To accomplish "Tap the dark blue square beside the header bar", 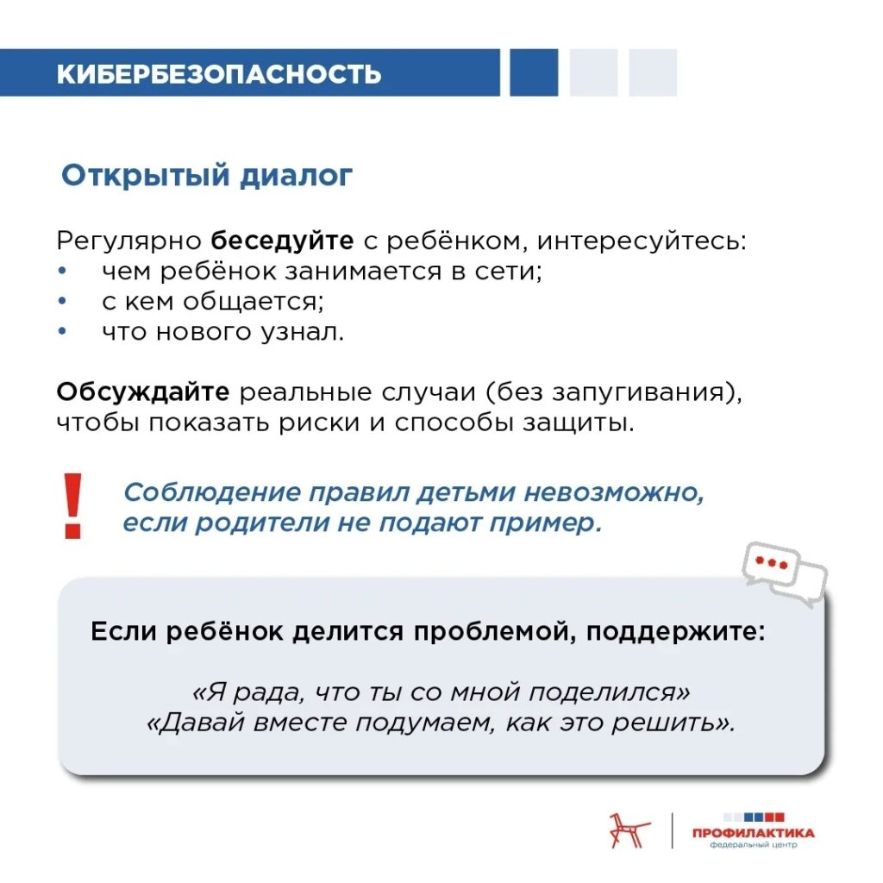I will point(533,72).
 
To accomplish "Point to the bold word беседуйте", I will point(283,240).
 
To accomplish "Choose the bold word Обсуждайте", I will point(143,391).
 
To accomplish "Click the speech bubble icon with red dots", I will point(782,573).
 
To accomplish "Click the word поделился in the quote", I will point(608,692).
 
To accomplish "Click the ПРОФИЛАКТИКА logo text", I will point(753,832).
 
